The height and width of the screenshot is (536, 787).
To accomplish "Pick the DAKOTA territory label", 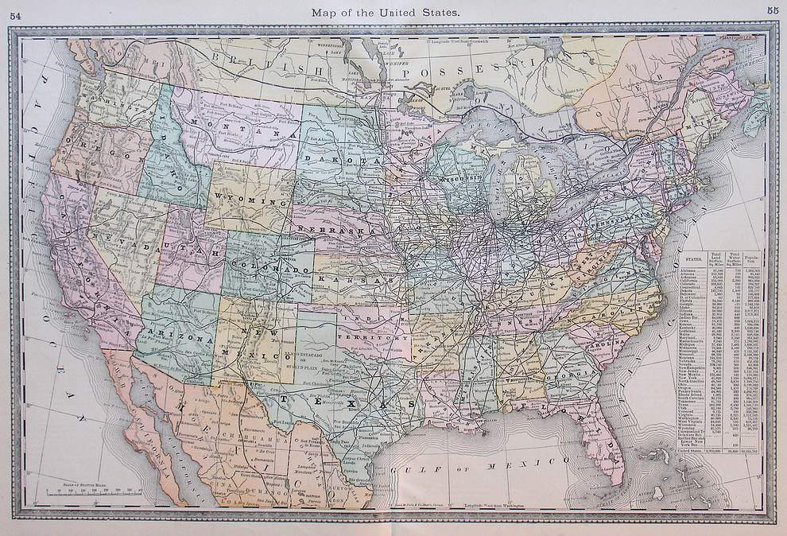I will click(351, 159).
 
